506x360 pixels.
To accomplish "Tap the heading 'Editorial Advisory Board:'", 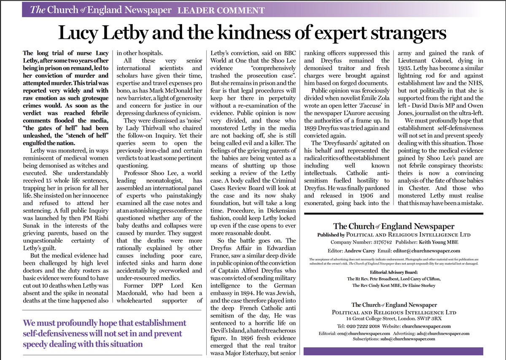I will [394, 272].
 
